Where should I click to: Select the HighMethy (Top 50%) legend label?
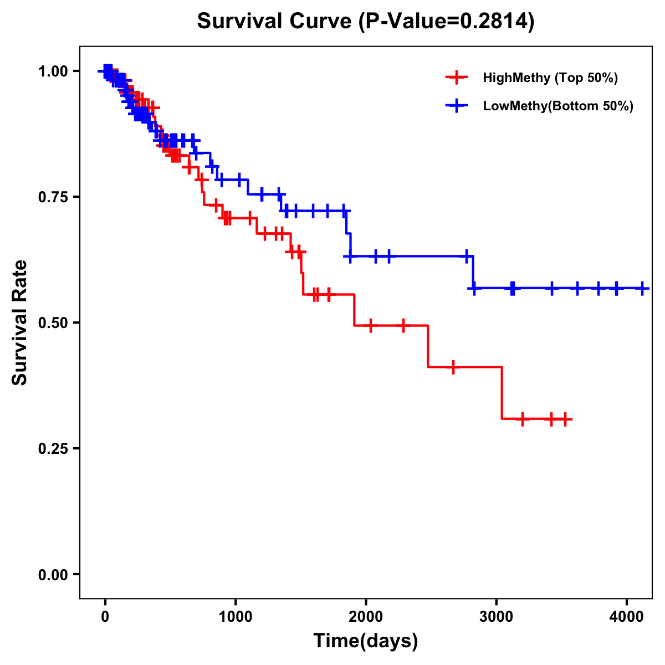point(550,78)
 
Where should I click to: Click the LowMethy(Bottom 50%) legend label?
point(558,106)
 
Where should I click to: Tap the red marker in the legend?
point(457,78)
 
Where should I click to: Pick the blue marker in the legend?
point(457,106)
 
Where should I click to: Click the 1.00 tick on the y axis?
point(53,71)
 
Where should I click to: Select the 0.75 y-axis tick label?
point(53,197)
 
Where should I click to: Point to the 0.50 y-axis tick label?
point(53,323)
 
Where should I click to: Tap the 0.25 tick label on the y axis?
point(53,449)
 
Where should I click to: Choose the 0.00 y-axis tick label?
point(53,575)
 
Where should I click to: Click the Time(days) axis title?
point(366,641)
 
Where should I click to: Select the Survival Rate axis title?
point(20,323)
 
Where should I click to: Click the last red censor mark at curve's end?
point(565,420)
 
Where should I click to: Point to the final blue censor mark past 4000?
point(642,288)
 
